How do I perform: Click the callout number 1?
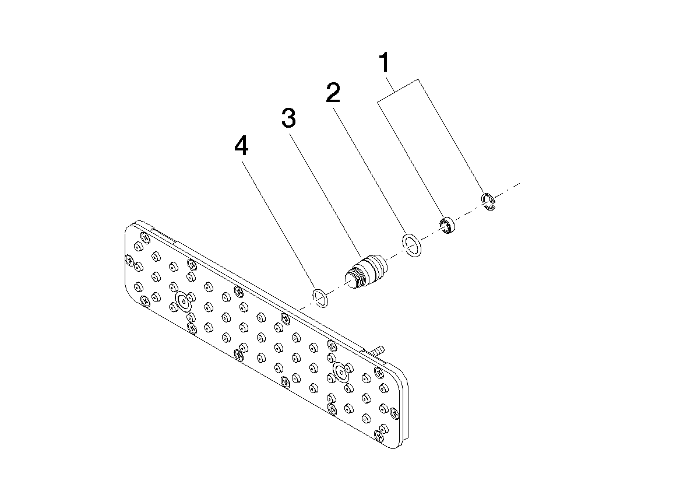tap(385, 62)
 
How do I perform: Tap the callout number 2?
tap(333, 93)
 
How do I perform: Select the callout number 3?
tap(288, 118)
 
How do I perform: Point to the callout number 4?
tap(241, 146)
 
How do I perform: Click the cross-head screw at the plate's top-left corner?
tap(145, 236)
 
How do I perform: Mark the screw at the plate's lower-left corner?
tap(145, 301)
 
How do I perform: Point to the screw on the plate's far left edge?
tap(130, 260)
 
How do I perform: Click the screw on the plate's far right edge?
tap(394, 413)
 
